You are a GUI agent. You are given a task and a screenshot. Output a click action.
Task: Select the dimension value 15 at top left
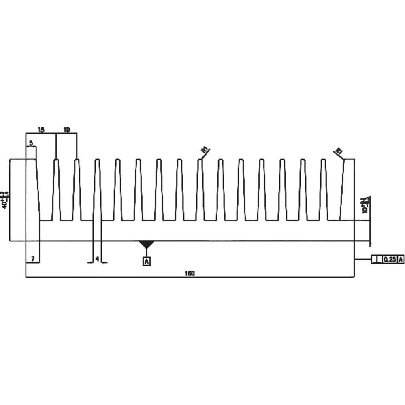[41, 130]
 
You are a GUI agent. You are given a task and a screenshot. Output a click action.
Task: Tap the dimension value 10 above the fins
[67, 130]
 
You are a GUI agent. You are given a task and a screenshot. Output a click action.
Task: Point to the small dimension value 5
[31, 143]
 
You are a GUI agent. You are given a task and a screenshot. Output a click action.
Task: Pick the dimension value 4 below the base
[97, 258]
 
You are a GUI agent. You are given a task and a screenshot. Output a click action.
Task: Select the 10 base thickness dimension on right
[365, 205]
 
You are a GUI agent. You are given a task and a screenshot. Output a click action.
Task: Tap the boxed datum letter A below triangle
[147, 262]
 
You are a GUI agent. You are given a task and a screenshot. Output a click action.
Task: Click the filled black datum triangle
[147, 244]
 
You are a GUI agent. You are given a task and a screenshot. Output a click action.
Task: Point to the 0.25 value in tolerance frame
[389, 260]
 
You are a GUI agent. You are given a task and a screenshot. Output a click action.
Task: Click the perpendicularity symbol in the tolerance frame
[376, 260]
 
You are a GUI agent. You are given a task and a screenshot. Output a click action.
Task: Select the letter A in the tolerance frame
[401, 260]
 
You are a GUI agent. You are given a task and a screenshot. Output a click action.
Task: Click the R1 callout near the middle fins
[205, 150]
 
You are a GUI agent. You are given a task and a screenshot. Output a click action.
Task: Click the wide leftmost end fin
[32, 190]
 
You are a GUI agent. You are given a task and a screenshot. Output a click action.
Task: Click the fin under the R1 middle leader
[200, 190]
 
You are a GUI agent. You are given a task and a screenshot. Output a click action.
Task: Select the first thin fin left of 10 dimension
[56, 190]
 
